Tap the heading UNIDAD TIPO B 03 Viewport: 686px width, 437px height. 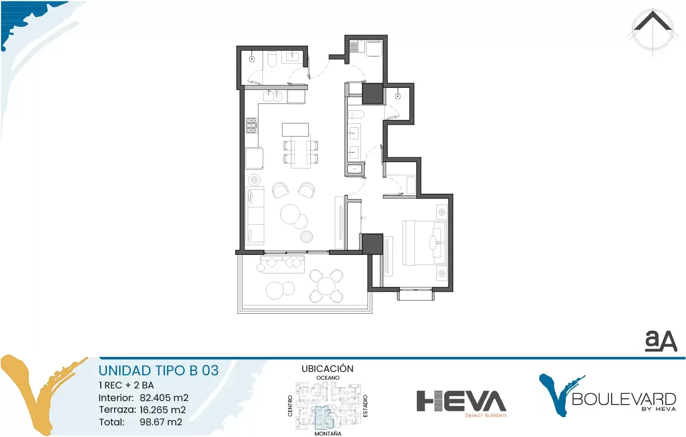coord(159,370)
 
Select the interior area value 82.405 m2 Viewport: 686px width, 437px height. coord(164,398)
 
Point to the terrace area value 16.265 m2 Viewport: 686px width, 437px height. coord(163,410)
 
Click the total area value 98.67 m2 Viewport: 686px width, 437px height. coord(161,422)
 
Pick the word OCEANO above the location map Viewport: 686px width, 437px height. coord(327,378)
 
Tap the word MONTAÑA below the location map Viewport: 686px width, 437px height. coord(327,434)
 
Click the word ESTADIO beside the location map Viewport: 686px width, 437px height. coord(365,406)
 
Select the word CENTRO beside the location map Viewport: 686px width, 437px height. coord(290,406)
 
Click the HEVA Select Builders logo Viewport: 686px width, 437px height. coord(462,403)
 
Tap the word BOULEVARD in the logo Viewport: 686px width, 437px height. coord(624,399)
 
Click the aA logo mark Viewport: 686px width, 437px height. coord(661,341)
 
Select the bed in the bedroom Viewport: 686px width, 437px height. coord(424,243)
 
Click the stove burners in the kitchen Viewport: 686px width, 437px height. coord(252,125)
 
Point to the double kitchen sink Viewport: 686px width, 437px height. coord(273,96)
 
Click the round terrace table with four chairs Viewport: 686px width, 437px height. coord(326,286)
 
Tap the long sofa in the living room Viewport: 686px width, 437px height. coord(255,216)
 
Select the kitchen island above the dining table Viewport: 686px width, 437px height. coord(295,130)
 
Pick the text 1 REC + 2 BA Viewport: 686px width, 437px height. coord(126,385)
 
